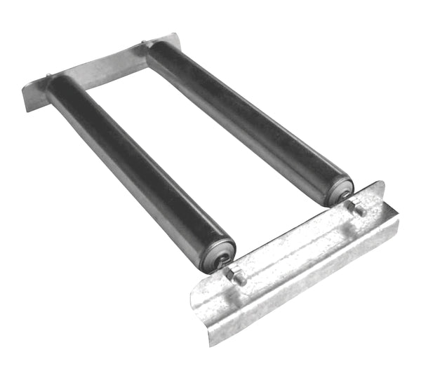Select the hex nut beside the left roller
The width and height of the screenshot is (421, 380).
pyautogui.click(x=238, y=277)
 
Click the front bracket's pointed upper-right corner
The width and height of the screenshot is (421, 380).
pyautogui.click(x=382, y=184)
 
